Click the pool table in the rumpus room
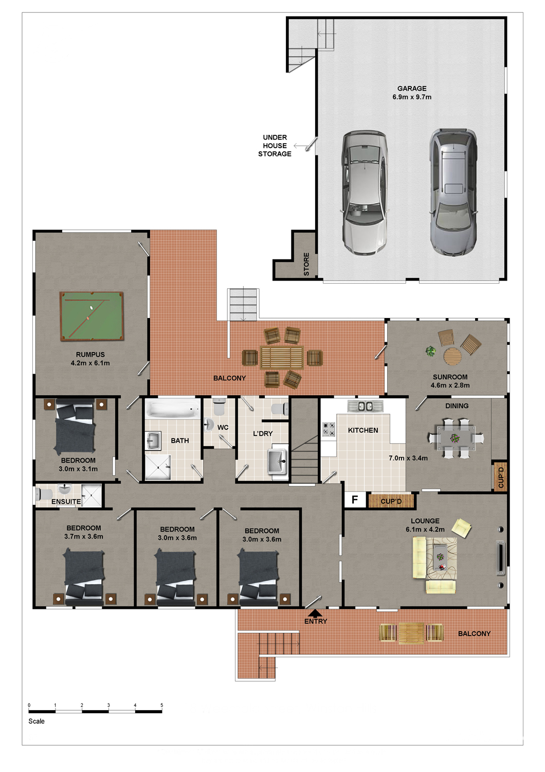(92, 316)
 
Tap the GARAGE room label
(412, 89)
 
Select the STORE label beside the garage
(306, 264)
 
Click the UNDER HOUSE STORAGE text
(275, 146)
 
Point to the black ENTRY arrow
(315, 613)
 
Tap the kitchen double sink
(365, 406)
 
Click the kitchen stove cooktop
(329, 429)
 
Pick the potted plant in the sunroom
(430, 351)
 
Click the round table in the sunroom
(452, 356)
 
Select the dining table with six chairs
(456, 438)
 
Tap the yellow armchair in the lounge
(461, 528)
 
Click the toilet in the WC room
(220, 407)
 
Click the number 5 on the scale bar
(161, 705)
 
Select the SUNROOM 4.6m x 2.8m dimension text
(450, 381)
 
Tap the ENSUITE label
(66, 501)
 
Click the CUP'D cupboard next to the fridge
(391, 501)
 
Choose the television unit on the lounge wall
(500, 557)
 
